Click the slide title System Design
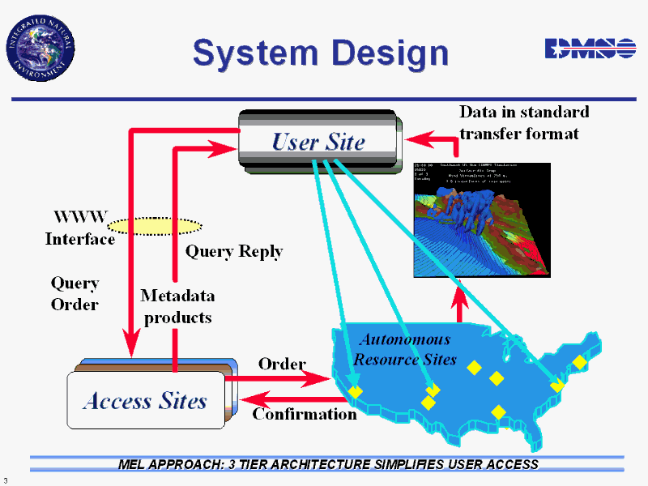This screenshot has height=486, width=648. coord(320,53)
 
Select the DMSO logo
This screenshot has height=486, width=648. coord(590,49)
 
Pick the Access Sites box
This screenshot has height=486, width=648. coord(146,400)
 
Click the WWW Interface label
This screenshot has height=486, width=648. coord(79,228)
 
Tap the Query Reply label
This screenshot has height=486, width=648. coord(234,251)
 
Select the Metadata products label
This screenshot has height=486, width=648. coord(177,306)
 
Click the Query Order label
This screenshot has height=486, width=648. coord(75,293)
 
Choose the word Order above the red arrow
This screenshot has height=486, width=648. coord(282,364)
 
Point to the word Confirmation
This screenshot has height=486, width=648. coord(305,414)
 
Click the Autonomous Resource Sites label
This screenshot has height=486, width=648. coord(405,348)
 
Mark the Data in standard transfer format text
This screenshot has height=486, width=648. coord(523,122)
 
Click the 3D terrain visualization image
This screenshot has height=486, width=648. coord(482,220)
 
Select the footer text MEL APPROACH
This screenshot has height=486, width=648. coord(327,464)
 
